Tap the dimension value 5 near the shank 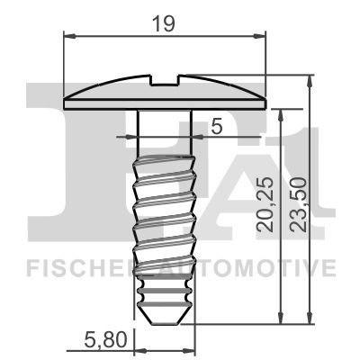(215, 126)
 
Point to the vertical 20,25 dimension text (265, 207)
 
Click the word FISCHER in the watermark (77, 267)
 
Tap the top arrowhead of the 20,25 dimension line (283, 109)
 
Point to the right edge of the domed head (265, 96)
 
